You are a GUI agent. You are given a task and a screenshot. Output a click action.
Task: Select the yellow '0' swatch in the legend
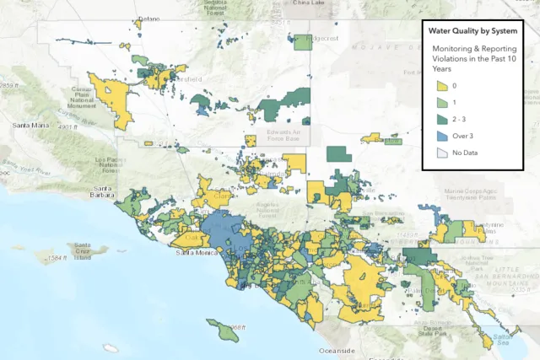pyautogui.click(x=441, y=86)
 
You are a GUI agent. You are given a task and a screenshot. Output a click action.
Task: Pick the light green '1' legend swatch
pyautogui.click(x=441, y=103)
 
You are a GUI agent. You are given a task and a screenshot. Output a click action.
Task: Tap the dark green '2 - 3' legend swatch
pyautogui.click(x=441, y=120)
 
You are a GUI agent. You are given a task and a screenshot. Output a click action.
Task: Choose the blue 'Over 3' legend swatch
pyautogui.click(x=441, y=136)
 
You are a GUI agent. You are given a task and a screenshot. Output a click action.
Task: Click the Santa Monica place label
pyautogui.click(x=196, y=252)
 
